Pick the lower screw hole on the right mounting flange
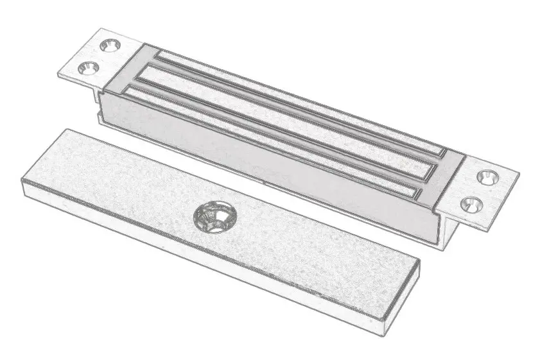469,204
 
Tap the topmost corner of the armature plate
67,130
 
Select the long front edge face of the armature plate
193,257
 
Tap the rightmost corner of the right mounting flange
518,171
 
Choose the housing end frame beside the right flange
449,180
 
